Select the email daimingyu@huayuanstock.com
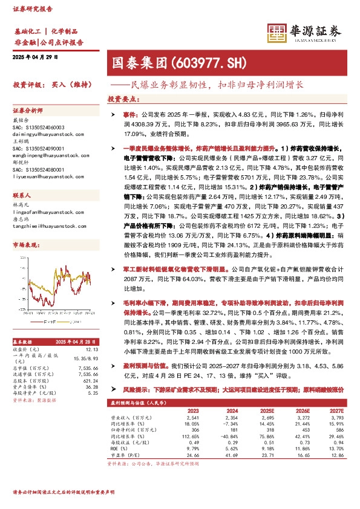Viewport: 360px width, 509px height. click(x=41, y=134)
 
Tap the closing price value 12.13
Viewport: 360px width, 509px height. click(x=92, y=349)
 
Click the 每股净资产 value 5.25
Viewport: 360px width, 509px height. click(x=93, y=393)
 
